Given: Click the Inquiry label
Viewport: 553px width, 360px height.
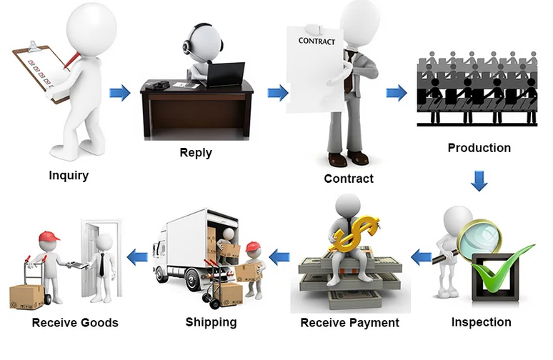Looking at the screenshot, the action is tap(69, 175).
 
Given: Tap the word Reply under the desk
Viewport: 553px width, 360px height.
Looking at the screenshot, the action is tap(196, 152).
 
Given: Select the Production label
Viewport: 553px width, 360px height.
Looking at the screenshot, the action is tap(479, 148).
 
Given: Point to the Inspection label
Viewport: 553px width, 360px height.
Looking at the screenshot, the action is tap(481, 322).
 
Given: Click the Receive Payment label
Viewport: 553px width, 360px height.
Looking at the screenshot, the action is tap(349, 323).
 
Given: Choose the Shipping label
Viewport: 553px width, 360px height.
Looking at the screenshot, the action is tap(211, 322).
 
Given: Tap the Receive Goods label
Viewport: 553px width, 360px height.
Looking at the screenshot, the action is tap(75, 323).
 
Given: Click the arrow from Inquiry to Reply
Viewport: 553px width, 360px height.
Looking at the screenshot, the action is tap(119, 92).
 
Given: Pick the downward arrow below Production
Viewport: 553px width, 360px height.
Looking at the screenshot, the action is tap(479, 181).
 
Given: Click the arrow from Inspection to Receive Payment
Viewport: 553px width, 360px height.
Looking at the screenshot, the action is tap(421, 255).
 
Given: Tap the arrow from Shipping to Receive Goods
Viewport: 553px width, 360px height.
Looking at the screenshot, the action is tap(137, 255).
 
